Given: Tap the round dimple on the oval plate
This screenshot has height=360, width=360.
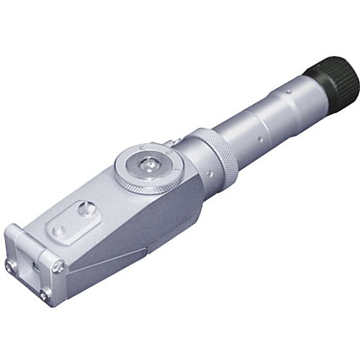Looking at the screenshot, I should (57, 231).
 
